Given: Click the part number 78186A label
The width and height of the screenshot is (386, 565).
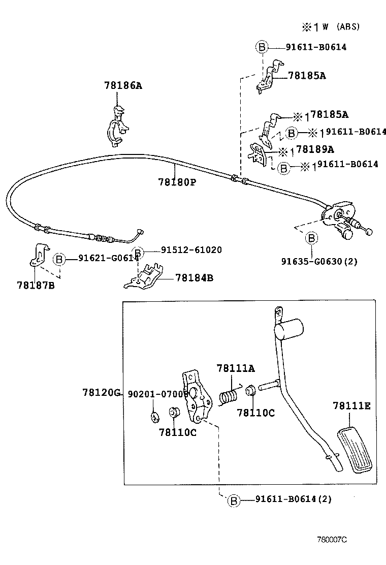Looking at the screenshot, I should coord(123,86).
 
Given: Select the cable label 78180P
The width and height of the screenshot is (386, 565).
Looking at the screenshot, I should coord(176,181).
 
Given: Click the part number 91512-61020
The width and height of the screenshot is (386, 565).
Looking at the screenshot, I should coord(191,250).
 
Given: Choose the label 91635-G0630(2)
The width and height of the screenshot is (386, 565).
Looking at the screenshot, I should coord(319,262).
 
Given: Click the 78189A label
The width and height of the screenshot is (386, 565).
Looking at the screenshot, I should coord(314,149).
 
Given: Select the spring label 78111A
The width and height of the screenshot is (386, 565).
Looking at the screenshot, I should coord(235,368).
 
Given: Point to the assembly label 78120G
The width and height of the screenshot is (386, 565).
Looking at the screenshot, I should coord(101,393).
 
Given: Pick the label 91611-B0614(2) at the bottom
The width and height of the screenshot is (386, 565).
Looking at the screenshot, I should coord(293,499).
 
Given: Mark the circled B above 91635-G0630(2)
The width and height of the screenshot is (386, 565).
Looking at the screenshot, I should coord(311,238).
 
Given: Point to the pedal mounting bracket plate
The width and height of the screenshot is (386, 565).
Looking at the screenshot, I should coord(197,398).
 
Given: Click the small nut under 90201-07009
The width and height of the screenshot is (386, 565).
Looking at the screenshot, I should coord(154,417).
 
